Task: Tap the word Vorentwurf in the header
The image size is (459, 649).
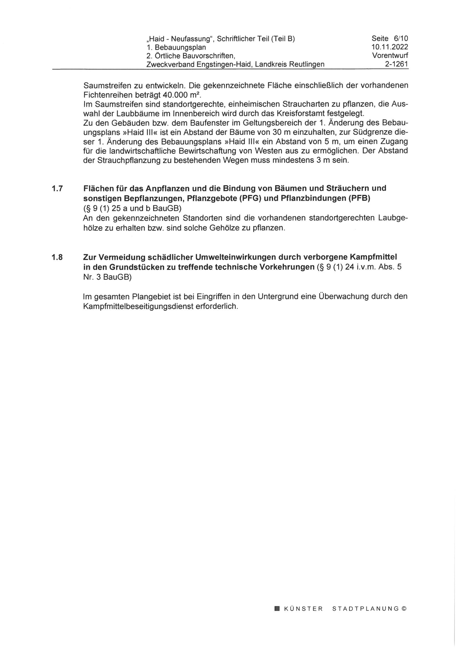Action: pos(390,56)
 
